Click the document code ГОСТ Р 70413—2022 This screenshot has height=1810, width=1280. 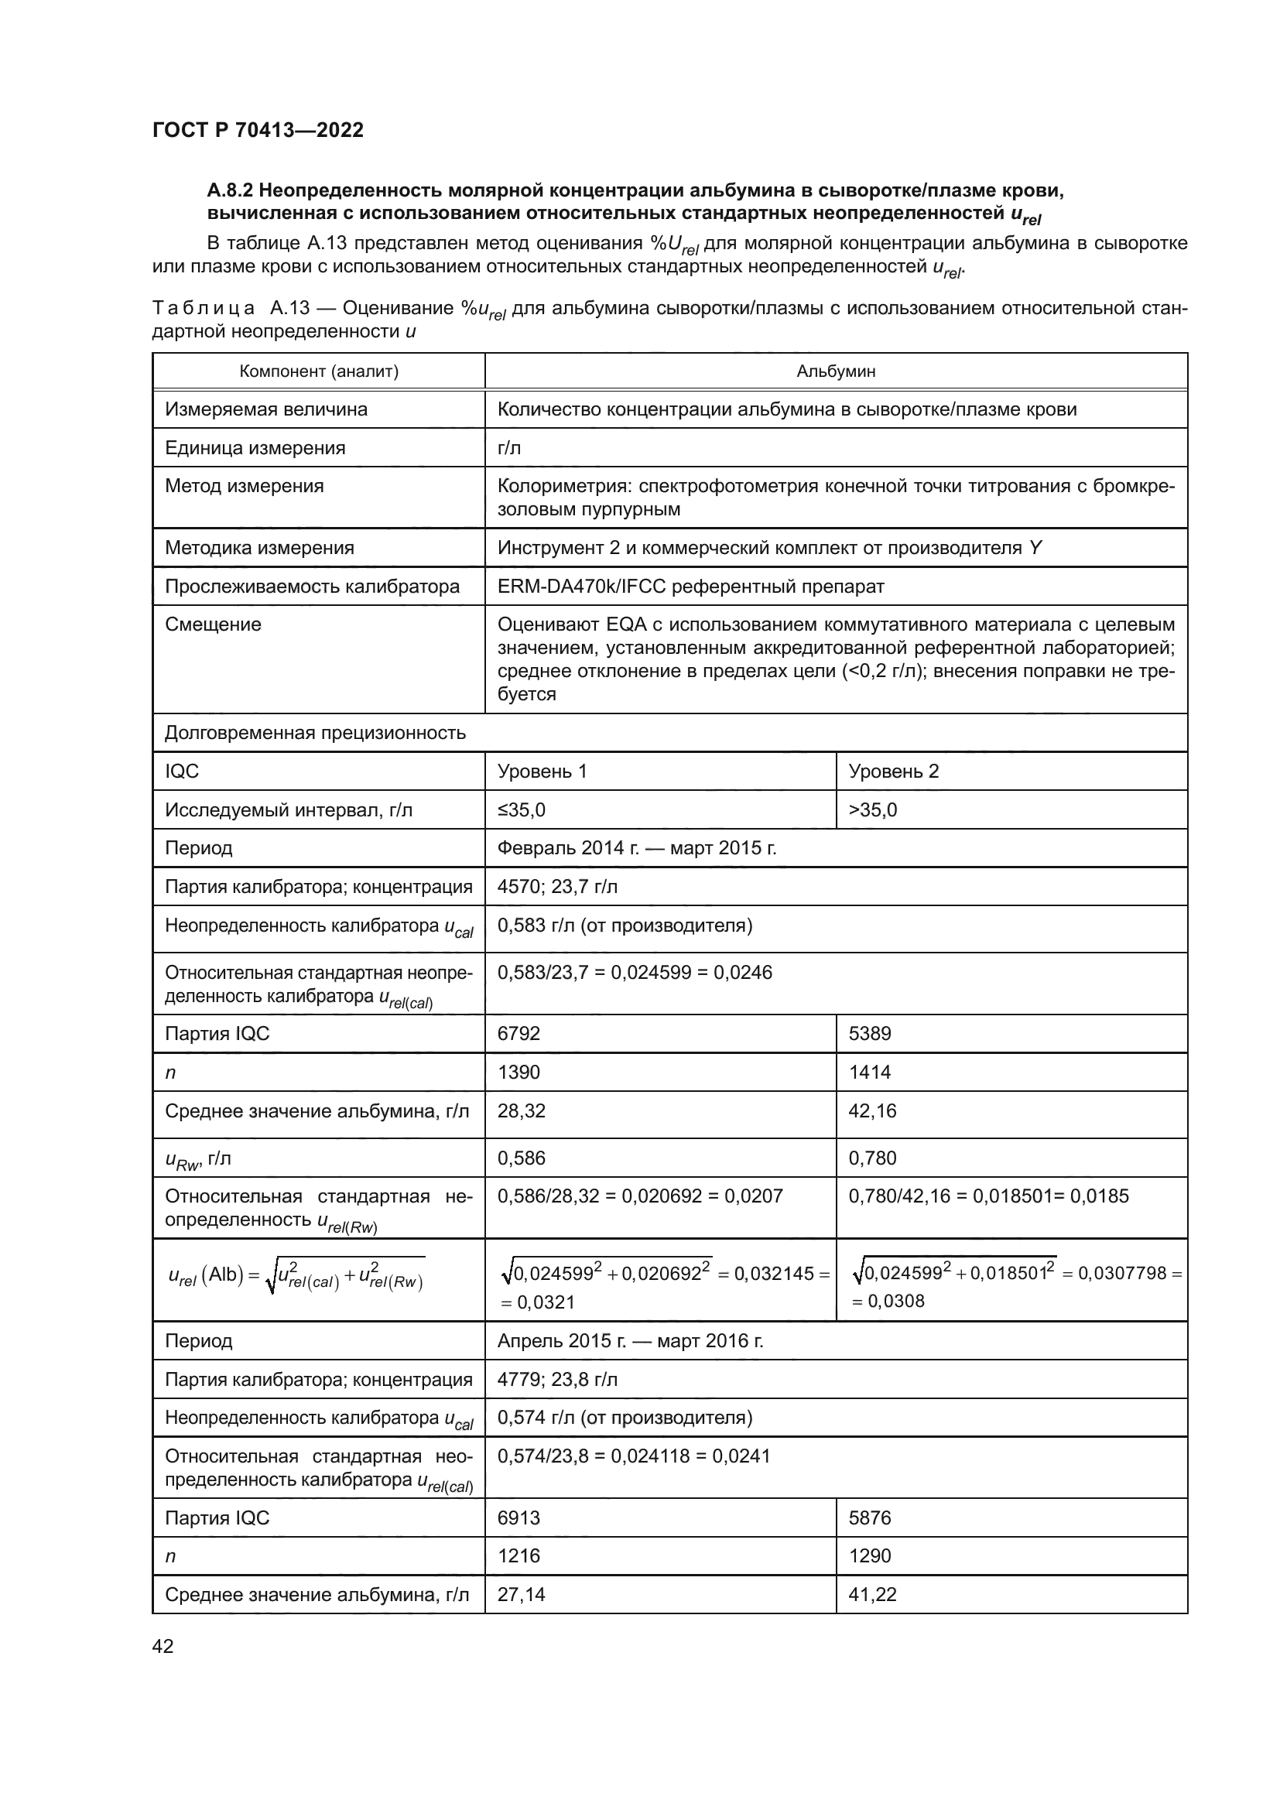click(258, 130)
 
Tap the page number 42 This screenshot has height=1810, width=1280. click(163, 1645)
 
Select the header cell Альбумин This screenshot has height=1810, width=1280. click(836, 371)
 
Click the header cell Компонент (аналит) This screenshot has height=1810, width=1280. click(318, 371)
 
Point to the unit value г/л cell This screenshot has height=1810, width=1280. click(509, 448)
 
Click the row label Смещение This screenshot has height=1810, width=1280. click(213, 624)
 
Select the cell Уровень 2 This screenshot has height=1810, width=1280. click(894, 771)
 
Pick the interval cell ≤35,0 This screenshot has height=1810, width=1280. click(521, 809)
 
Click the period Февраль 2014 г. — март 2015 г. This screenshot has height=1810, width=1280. click(637, 848)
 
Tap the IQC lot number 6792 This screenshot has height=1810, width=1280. click(519, 1034)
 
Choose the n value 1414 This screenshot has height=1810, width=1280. click(869, 1072)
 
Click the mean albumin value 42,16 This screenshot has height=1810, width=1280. click(872, 1110)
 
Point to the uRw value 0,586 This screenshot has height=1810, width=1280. click(521, 1158)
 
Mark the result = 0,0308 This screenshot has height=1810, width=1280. click(888, 1302)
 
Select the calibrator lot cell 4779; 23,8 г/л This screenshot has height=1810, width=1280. click(557, 1380)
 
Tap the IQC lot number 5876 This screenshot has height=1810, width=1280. click(869, 1517)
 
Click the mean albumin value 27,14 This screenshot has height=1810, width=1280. click(521, 1595)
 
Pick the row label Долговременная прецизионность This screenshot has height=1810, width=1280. click(315, 733)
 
